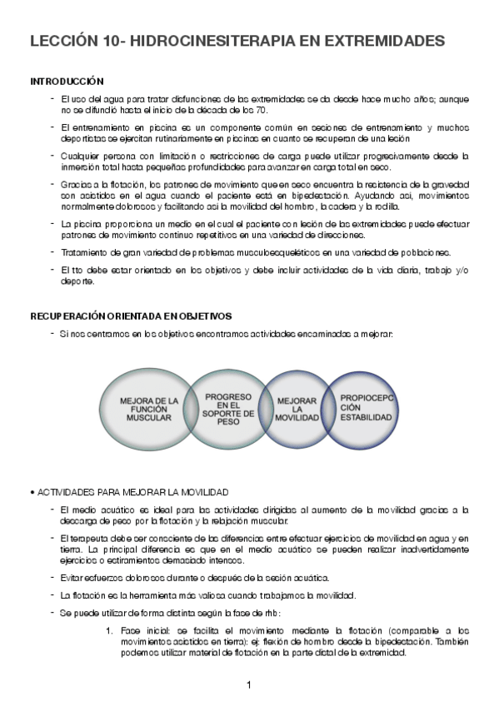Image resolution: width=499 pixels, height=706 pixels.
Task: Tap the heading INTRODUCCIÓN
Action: point(67,82)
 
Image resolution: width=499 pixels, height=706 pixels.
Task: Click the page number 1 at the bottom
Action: point(249,684)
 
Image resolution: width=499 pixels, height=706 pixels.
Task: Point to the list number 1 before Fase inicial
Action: point(111,631)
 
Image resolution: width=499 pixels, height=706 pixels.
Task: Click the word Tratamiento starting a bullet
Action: point(84,252)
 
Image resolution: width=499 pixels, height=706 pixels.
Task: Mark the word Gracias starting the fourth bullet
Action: point(77,182)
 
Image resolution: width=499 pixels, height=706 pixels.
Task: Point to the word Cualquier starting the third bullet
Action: point(81,155)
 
